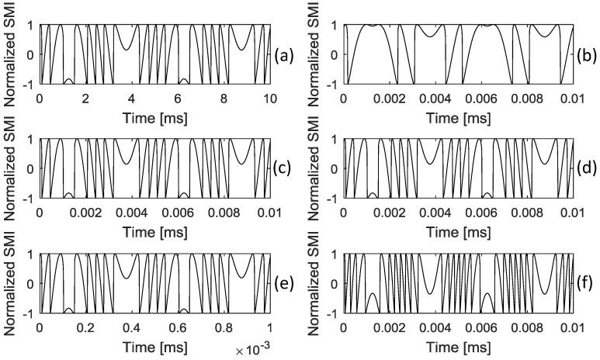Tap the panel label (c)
click(283, 168)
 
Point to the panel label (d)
click(588, 168)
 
